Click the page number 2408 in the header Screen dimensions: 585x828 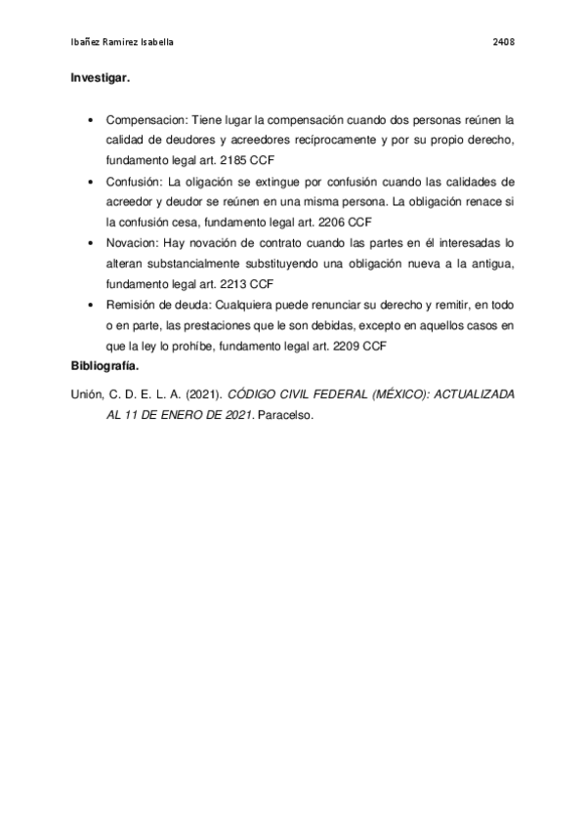point(504,43)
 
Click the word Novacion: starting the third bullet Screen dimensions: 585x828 point(134,243)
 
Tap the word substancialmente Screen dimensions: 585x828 point(188,264)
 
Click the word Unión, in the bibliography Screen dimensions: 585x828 point(88,394)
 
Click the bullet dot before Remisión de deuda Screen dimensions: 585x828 point(90,306)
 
